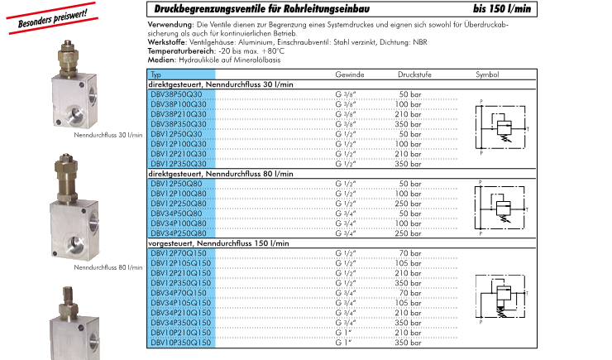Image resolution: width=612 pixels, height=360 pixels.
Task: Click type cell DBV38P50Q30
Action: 178,94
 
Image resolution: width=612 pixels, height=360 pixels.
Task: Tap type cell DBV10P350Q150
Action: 183,342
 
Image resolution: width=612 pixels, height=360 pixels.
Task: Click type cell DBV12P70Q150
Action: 179,252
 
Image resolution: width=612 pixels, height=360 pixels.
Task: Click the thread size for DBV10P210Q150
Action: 342,332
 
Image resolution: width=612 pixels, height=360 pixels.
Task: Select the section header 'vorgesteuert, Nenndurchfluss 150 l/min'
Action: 218,243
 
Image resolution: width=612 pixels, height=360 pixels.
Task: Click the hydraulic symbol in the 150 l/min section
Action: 501,297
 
